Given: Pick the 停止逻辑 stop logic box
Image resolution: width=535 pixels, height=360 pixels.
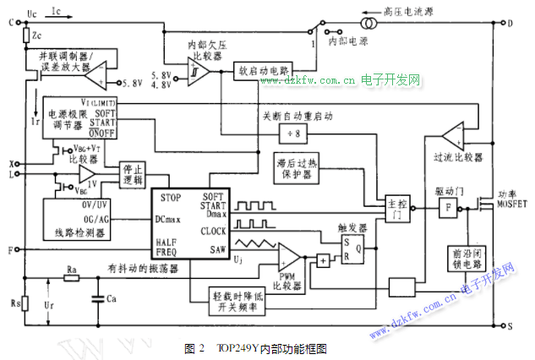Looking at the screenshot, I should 134,173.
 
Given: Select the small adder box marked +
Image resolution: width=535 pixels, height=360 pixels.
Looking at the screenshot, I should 324,262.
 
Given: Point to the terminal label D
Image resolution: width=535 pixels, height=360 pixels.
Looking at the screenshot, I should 510,23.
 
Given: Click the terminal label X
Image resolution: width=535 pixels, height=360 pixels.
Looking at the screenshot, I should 12,163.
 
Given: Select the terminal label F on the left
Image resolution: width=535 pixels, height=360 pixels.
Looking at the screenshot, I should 11,251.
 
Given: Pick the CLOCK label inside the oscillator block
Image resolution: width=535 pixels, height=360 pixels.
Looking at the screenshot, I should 213,230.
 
